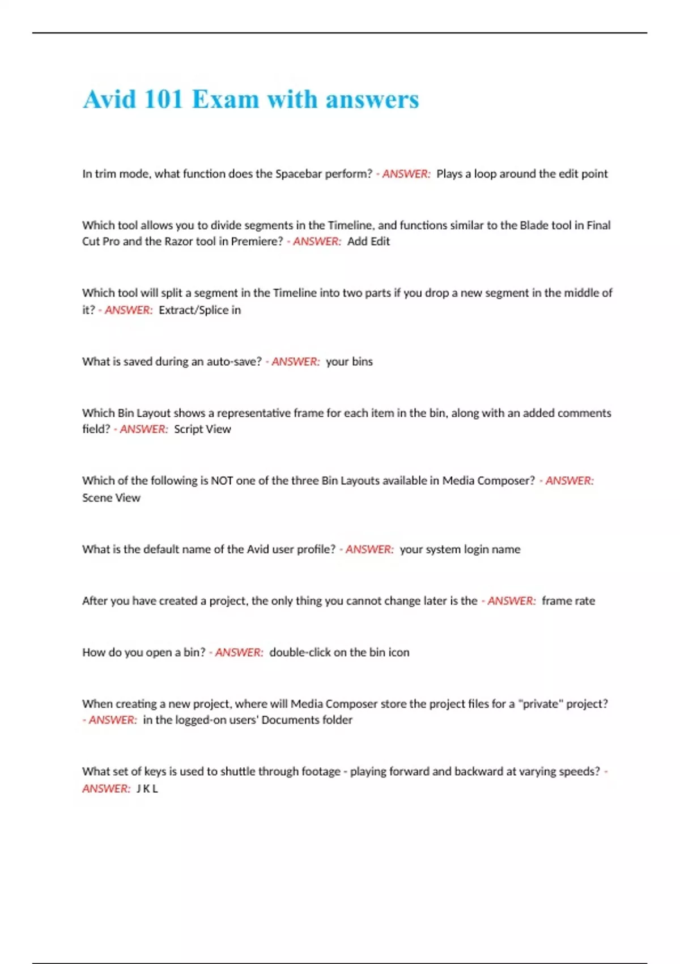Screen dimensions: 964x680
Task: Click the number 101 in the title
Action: [x=163, y=100]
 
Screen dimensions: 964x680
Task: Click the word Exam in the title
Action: [x=226, y=100]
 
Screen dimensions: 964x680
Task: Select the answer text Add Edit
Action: [x=368, y=242]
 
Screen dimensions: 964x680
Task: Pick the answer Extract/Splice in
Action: [x=199, y=310]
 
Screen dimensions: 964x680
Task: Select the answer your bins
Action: [x=349, y=362]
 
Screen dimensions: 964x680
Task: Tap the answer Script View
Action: [x=202, y=429]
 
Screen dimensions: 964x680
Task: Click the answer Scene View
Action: [x=111, y=498]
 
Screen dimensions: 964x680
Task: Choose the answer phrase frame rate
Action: [x=568, y=601]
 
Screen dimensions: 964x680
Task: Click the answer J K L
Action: [x=147, y=789]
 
